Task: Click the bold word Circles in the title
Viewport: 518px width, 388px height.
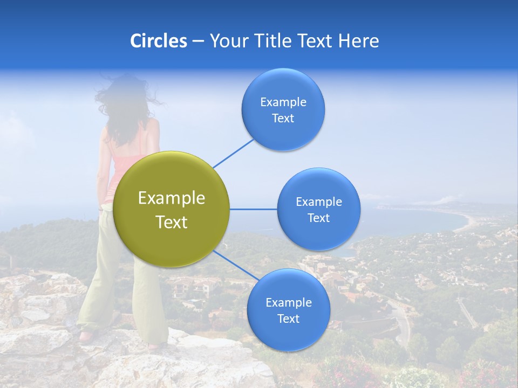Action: tap(159, 41)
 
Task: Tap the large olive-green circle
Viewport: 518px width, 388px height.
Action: tap(172, 209)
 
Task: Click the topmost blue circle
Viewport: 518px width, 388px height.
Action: tap(283, 109)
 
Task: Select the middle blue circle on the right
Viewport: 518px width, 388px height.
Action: tap(318, 209)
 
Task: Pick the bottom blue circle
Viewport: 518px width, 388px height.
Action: tap(288, 310)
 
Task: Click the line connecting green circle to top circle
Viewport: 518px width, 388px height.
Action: tap(233, 153)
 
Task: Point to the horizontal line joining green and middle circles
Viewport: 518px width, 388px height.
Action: tap(253, 209)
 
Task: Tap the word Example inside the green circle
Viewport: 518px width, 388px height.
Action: tap(172, 198)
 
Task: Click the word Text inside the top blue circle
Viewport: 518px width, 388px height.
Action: tap(283, 119)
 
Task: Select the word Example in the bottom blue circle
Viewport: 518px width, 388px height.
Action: tap(288, 302)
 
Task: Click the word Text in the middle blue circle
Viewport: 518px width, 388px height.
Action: tap(318, 218)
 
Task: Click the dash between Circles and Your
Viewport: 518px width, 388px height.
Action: tap(198, 41)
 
